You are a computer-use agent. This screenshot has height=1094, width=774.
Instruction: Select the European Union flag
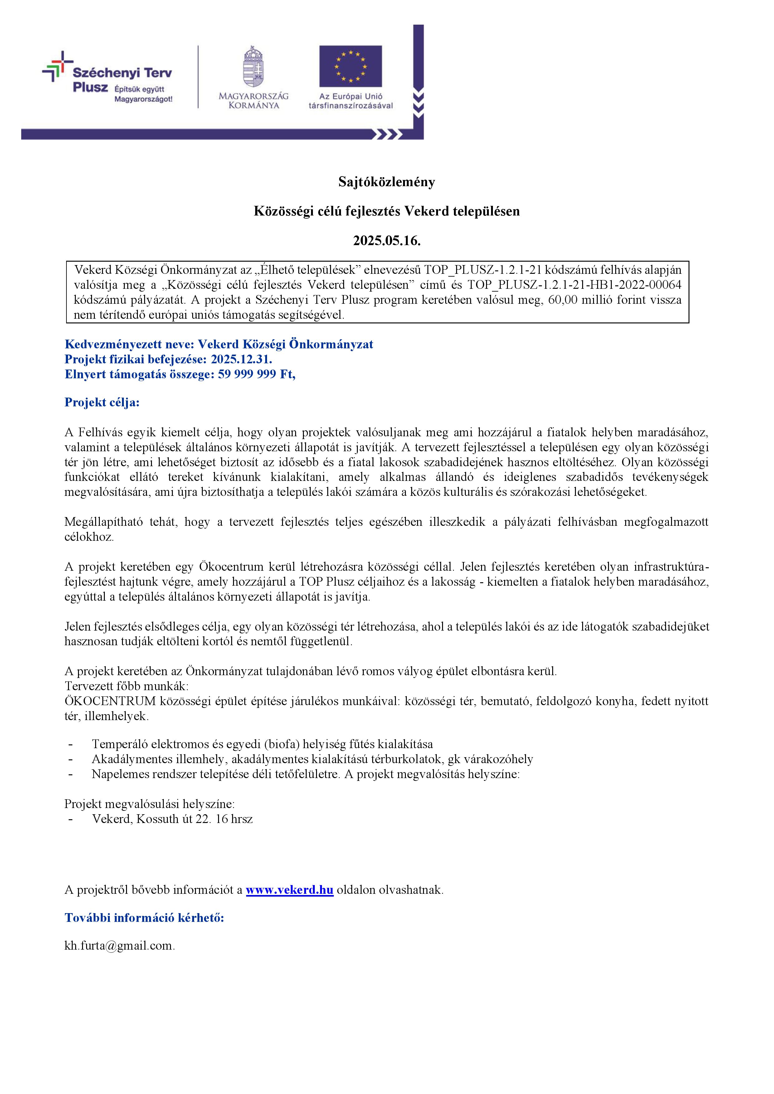350,66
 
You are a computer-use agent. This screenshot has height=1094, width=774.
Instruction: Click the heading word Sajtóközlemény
387,182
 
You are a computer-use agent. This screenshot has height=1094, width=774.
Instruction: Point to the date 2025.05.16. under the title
387,241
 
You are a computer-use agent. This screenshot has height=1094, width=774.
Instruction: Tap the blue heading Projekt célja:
102,403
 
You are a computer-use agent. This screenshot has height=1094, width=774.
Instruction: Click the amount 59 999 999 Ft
256,375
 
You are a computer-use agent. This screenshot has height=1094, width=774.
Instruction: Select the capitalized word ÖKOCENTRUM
110,701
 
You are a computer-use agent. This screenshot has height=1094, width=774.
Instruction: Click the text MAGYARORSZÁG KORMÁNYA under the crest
254,100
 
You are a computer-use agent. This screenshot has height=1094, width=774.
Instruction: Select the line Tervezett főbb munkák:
126,687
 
